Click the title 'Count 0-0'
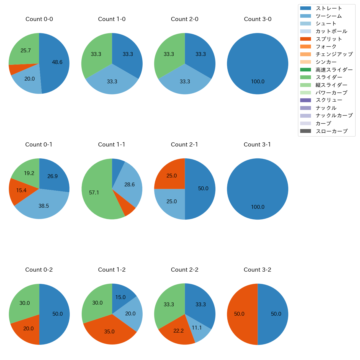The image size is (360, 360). [39, 19]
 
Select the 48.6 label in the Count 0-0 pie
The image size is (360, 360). [57, 62]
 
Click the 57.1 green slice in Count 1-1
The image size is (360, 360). [94, 192]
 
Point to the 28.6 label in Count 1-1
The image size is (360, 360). [129, 184]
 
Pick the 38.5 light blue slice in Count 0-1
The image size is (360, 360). [43, 206]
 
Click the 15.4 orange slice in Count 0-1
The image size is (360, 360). [21, 191]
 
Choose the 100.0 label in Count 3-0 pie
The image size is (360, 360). [258, 82]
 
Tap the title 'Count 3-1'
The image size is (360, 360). [257, 145]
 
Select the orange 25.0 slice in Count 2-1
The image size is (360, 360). [171, 176]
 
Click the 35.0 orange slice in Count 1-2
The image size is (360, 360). [109, 331]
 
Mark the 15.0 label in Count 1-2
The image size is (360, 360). [120, 297]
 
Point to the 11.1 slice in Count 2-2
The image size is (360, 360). [197, 328]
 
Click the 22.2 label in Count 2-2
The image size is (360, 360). [178, 331]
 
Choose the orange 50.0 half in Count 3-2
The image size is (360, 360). [239, 314]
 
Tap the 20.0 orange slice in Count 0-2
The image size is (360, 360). [28, 329]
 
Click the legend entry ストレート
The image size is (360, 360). [329, 8]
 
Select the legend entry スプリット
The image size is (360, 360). [329, 39]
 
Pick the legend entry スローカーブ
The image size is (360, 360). [331, 131]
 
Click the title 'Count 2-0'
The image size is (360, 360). [185, 19]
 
